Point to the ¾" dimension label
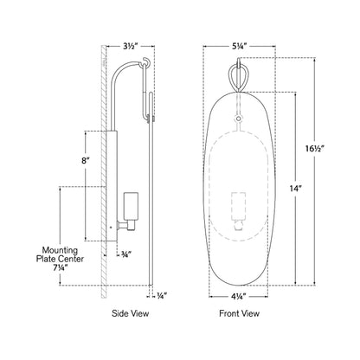coord(126,254)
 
